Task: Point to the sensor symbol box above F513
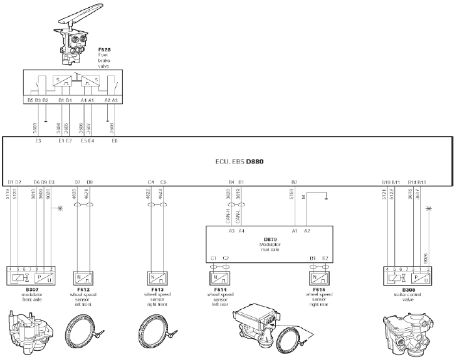coord(159,275)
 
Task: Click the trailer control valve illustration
coord(408,332)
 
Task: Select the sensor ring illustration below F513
coord(160,332)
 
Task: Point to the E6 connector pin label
coord(114,141)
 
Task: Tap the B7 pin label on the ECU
coord(294,181)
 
